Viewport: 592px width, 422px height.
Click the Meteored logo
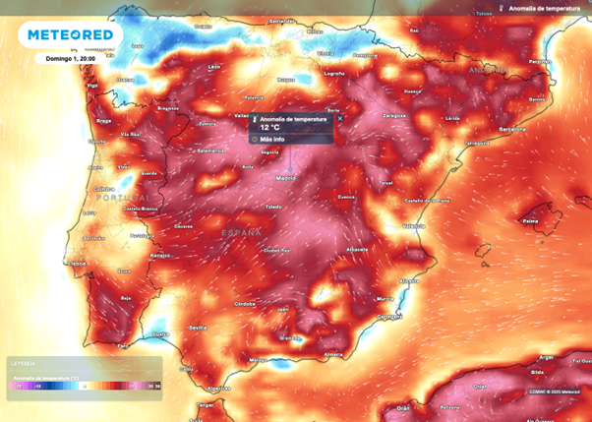tap(72, 35)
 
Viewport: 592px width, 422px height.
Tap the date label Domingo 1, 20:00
tap(68, 58)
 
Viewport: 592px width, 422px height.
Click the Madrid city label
tap(286, 179)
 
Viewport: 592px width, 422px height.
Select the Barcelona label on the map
tap(512, 129)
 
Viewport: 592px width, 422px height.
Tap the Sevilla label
tap(198, 327)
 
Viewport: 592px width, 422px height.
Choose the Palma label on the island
tap(530, 220)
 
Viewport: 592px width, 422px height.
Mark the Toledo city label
tap(273, 208)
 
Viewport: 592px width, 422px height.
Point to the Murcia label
tap(384, 298)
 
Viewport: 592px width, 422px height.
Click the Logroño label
tap(334, 73)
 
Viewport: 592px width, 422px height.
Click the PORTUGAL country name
tap(125, 198)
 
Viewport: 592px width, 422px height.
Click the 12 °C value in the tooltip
tap(270, 127)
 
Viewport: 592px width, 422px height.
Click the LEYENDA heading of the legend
tap(21, 362)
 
